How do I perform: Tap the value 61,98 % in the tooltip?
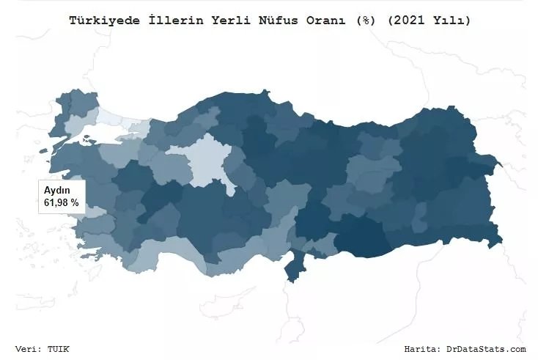click(x=62, y=202)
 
